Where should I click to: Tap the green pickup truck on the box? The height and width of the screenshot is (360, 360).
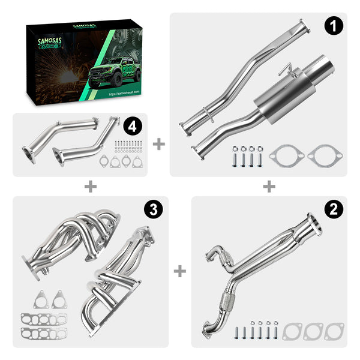114,74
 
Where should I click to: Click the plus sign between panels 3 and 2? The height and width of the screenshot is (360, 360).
179,272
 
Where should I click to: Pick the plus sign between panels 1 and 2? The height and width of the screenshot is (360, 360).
269,187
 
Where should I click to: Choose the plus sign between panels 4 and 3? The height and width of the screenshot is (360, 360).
90,187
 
